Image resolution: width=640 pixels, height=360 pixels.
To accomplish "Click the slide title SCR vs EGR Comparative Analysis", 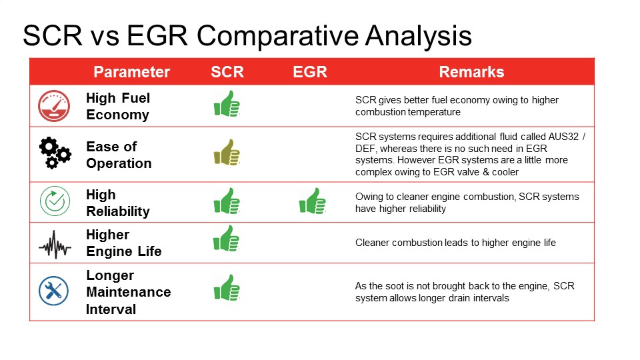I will [x=247, y=36].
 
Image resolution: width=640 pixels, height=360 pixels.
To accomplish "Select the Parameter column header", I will [x=131, y=72].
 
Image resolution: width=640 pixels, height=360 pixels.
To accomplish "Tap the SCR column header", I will [x=227, y=72].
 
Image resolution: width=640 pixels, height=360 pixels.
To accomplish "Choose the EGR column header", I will [x=310, y=72].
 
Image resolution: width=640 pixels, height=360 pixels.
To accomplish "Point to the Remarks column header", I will [x=471, y=72].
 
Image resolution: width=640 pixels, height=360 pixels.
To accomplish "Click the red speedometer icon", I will [x=54, y=106].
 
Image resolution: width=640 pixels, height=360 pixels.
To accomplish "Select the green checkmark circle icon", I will [x=54, y=202].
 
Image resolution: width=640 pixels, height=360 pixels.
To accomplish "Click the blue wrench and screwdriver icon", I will [x=54, y=291].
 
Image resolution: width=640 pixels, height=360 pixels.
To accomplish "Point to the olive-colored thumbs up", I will [x=227, y=152].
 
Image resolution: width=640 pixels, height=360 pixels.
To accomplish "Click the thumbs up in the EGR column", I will [x=312, y=201].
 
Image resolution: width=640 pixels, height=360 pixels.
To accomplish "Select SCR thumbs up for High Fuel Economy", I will [x=227, y=104].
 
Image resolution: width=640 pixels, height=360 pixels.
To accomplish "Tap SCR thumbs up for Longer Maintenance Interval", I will [x=227, y=287].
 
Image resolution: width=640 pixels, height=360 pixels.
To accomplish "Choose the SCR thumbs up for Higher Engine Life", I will [x=227, y=239].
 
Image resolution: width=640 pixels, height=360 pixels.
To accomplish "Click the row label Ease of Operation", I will [x=119, y=155].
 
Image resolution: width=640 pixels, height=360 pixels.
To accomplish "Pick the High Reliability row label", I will [x=117, y=203].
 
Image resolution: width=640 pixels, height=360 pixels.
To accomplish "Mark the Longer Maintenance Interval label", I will [x=128, y=292].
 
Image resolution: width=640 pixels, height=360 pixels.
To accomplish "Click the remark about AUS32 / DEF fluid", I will [x=470, y=154].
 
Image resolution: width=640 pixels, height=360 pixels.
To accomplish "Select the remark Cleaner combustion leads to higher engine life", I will [x=455, y=243].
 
